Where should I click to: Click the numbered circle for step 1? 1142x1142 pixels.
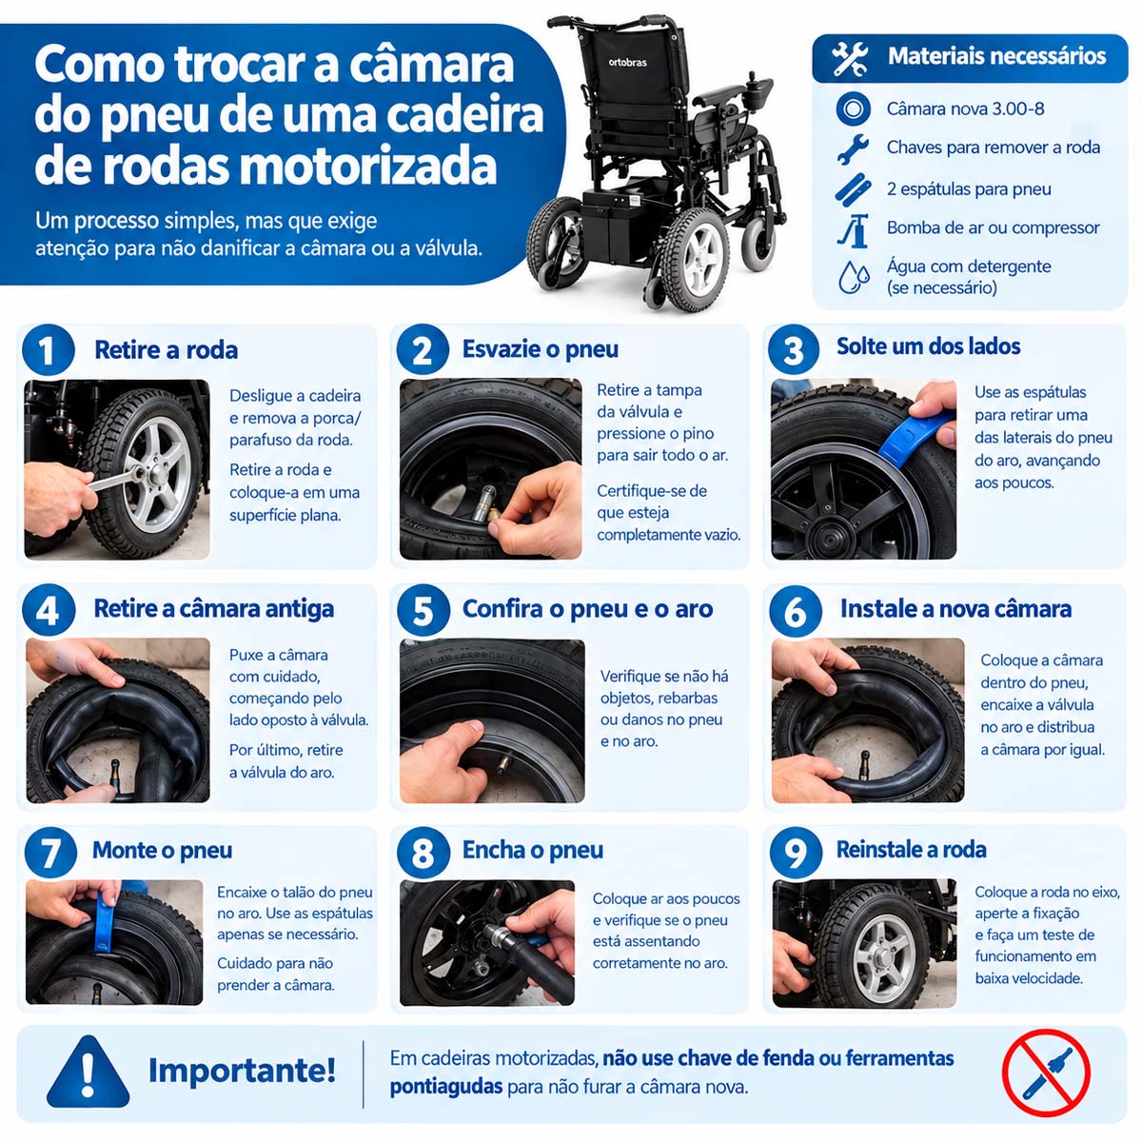click(x=48, y=349)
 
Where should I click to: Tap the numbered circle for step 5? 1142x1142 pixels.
click(x=423, y=610)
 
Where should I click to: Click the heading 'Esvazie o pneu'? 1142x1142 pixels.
click(x=540, y=349)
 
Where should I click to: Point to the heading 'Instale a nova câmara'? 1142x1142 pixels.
click(x=955, y=609)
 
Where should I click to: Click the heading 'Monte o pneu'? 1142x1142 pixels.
click(x=162, y=851)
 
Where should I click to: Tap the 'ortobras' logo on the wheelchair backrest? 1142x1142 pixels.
click(x=627, y=62)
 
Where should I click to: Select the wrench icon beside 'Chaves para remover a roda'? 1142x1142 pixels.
click(x=852, y=148)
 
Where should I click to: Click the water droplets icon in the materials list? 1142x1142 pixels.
click(x=854, y=277)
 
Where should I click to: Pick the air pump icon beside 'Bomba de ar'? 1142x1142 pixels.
click(x=853, y=230)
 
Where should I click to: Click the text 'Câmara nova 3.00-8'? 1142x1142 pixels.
click(x=965, y=109)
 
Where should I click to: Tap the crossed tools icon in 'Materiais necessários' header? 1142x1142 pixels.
click(x=849, y=59)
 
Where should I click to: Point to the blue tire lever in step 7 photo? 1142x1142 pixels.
click(x=106, y=922)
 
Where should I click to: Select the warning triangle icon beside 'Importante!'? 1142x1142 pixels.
click(x=88, y=1072)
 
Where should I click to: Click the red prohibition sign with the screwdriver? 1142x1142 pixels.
click(x=1045, y=1073)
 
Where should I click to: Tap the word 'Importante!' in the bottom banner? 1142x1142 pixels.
click(x=242, y=1071)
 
